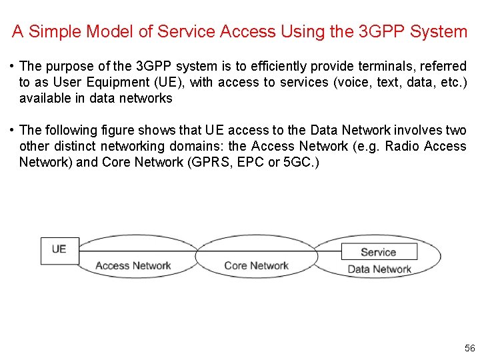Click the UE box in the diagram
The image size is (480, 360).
(x=59, y=250)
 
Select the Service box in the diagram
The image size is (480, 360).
(x=379, y=251)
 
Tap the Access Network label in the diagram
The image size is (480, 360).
(x=133, y=265)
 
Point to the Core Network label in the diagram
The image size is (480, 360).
(x=257, y=265)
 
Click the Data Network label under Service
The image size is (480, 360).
(x=379, y=269)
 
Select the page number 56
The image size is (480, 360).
(x=469, y=349)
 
